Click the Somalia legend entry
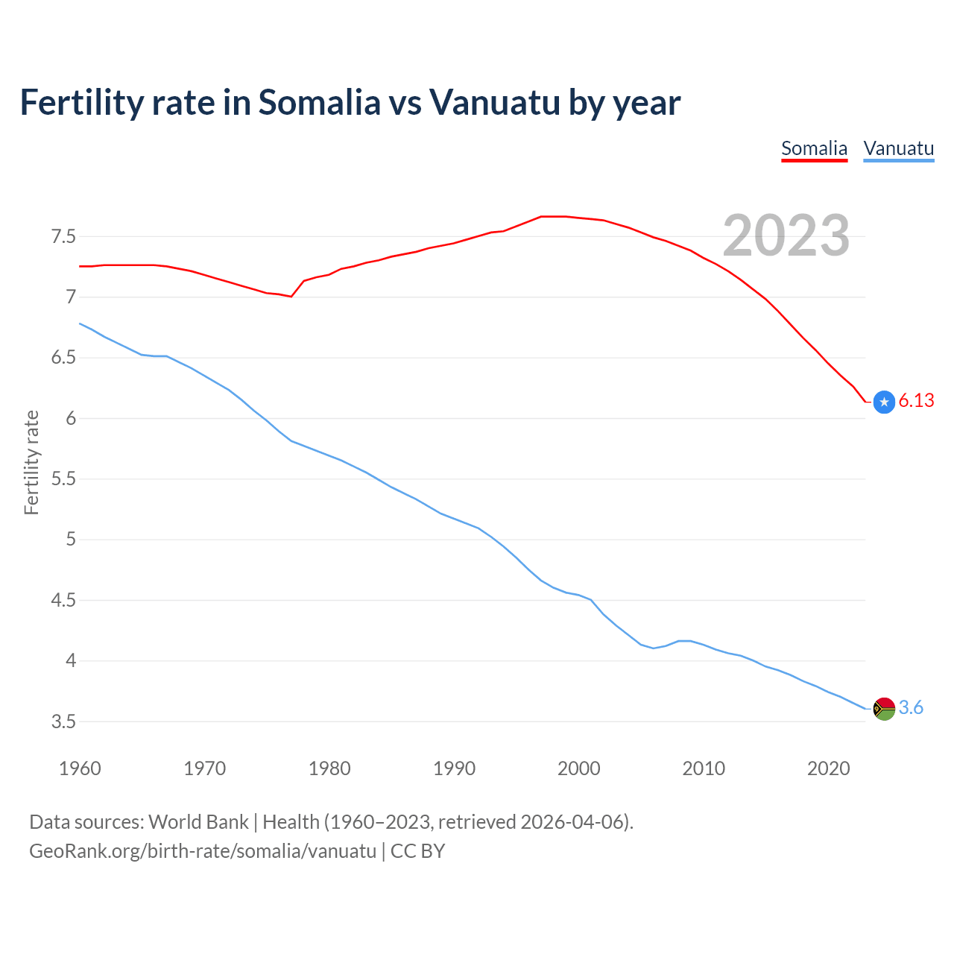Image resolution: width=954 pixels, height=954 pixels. coord(814,148)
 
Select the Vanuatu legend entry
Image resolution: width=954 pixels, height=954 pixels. coord(898,148)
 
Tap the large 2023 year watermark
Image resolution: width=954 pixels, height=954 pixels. coord(786,236)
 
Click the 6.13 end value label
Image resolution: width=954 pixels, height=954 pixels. coord(916,401)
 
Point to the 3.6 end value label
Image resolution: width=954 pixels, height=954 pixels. coord(911,707)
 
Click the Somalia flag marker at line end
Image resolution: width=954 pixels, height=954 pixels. coord(884,402)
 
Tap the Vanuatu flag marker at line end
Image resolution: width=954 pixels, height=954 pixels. coord(884,708)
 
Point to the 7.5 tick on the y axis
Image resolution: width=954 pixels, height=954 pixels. coord(63,236)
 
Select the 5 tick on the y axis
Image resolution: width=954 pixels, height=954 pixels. coord(71,539)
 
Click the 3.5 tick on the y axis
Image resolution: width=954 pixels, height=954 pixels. coord(63,721)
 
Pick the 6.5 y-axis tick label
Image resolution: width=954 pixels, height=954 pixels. coord(63,358)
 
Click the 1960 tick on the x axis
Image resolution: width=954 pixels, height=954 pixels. coord(80,768)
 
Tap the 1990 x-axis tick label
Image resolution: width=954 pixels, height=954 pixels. coord(454,768)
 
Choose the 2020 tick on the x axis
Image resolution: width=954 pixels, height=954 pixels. coord(828,768)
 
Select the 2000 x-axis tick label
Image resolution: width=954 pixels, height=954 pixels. coord(578,768)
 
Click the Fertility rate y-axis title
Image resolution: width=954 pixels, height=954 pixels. coord(31,462)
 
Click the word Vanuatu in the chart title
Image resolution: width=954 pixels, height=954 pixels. coord(494,103)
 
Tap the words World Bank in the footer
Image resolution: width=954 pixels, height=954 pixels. coord(198,822)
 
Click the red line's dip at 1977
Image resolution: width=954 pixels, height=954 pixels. coord(291,297)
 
